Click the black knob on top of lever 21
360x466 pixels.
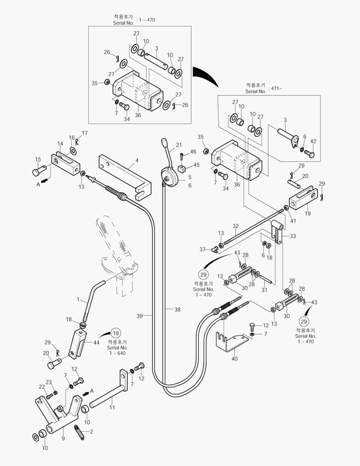[164, 142]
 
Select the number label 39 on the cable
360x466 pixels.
[139, 316]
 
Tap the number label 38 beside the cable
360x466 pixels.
[178, 309]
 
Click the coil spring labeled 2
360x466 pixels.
[79, 432]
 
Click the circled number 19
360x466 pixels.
[116, 333]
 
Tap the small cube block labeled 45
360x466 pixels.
[182, 167]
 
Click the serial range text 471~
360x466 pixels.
[277, 88]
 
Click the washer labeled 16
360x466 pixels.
[73, 151]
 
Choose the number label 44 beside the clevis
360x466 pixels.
[97, 342]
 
